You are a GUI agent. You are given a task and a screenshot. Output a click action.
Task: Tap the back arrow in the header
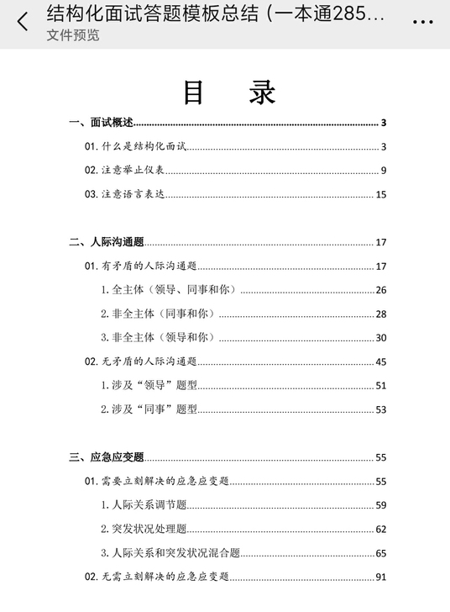(23, 21)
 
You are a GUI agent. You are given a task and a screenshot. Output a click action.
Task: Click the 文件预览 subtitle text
(72, 35)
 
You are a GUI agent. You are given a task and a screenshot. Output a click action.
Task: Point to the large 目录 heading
(229, 92)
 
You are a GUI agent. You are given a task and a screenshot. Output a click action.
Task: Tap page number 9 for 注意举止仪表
(382, 171)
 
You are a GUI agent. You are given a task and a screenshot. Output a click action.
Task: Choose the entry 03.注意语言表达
(125, 194)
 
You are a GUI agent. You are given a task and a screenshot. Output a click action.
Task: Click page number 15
(380, 195)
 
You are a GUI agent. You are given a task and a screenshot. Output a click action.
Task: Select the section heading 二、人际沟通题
(107, 243)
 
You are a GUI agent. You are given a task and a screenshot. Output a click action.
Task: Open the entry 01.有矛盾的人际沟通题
(140, 266)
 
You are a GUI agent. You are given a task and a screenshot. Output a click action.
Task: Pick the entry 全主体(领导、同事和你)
(168, 290)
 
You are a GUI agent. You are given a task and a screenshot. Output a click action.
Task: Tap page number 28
(380, 314)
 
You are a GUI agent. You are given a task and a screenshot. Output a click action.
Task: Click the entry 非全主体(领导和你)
(157, 338)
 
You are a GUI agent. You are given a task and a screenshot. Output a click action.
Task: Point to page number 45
(380, 362)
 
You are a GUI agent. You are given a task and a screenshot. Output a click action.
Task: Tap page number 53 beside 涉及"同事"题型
(380, 410)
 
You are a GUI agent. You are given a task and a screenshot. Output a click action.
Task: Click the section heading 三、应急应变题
(107, 457)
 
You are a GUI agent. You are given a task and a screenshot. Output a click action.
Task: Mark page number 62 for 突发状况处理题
(380, 530)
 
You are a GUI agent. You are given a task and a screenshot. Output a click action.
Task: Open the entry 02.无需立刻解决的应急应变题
(157, 577)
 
